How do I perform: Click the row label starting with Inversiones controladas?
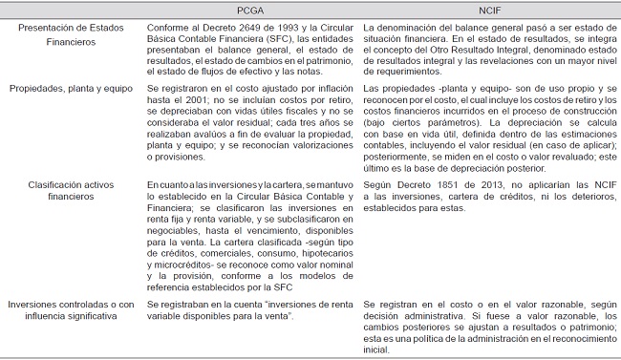69,309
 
